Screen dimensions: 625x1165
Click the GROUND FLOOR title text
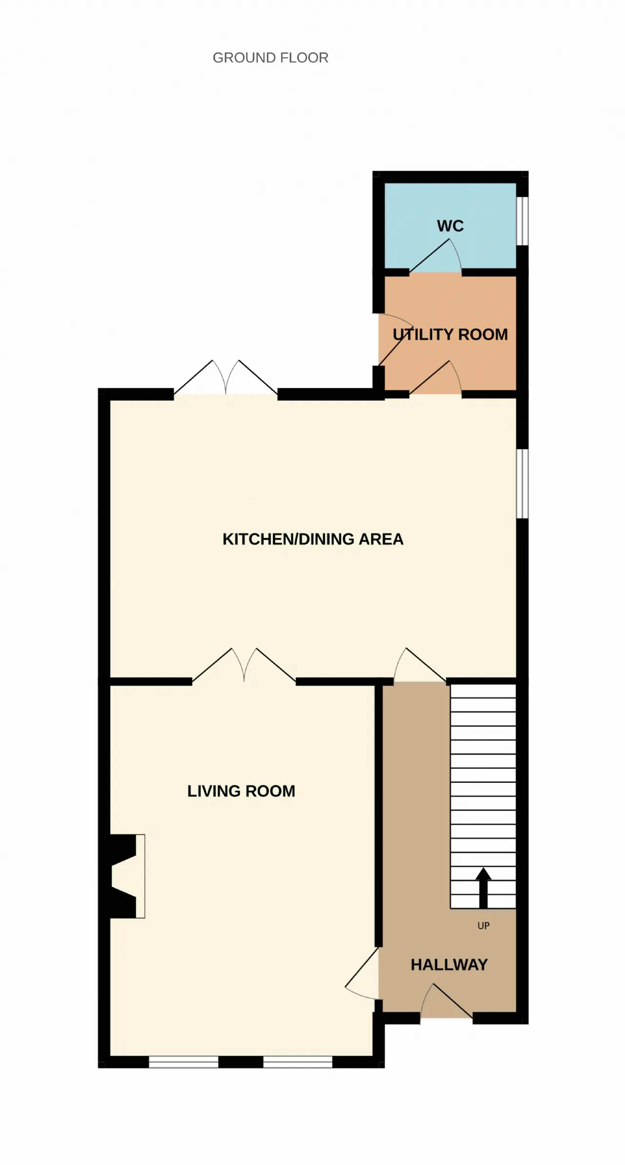click(271, 58)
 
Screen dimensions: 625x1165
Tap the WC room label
click(450, 226)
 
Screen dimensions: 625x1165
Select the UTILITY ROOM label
click(450, 334)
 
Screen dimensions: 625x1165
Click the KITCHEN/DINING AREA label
click(313, 539)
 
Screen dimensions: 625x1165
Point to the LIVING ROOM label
click(241, 791)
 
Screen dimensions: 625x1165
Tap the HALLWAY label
click(449, 965)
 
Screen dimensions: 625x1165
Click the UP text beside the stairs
click(483, 926)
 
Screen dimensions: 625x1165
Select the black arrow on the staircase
click(483, 887)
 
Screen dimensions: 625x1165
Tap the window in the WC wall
click(522, 221)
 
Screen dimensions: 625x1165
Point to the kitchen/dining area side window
click(522, 483)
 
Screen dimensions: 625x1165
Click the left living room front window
click(184, 1061)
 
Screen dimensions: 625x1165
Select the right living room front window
click(298, 1061)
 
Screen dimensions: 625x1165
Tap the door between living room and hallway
click(362, 973)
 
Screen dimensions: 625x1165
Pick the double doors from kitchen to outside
click(226, 377)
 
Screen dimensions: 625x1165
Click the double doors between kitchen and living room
click(244, 665)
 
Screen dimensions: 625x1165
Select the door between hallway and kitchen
click(420, 665)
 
